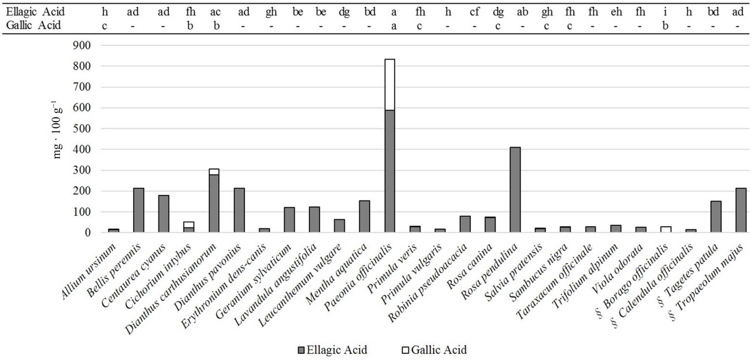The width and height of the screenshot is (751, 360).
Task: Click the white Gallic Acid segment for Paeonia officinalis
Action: pos(390,85)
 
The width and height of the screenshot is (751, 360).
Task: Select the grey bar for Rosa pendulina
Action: pos(515,190)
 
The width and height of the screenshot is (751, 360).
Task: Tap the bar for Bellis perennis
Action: pos(139,210)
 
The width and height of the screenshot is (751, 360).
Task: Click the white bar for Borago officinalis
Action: pos(666,229)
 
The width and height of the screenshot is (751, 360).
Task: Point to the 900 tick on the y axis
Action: pos(82,45)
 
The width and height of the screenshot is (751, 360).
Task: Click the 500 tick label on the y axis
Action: pos(82,128)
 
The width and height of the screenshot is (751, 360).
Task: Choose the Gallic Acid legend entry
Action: pos(434,350)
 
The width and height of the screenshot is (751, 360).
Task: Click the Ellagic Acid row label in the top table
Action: pos(35,12)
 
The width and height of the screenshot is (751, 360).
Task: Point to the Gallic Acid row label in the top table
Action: pos(33,25)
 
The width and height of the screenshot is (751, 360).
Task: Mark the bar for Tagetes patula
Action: pos(716,217)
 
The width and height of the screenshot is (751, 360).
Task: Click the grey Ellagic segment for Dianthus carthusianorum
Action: pos(214,203)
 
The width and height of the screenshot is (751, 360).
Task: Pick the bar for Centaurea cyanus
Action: pos(164,214)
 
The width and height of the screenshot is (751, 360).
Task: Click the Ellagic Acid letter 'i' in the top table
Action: pos(665,12)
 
